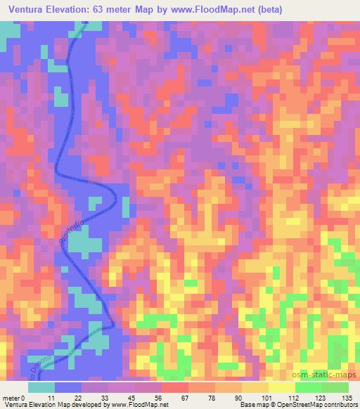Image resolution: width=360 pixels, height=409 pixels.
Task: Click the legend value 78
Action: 202,397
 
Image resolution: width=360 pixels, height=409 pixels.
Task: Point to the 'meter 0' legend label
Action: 14,397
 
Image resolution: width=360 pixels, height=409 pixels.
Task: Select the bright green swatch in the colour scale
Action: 309,387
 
